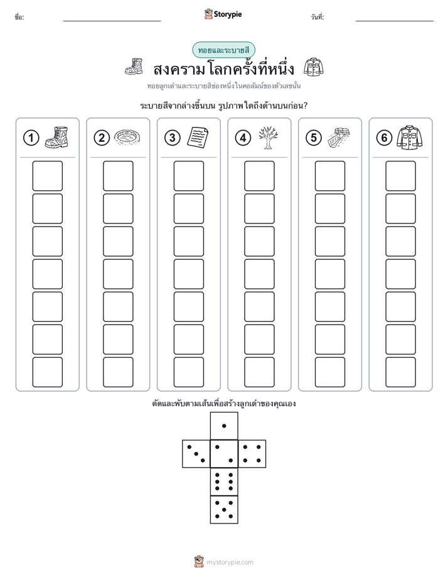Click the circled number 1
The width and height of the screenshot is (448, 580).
(31, 138)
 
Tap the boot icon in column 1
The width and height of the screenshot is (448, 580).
(56, 137)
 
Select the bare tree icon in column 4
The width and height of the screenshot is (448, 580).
(269, 137)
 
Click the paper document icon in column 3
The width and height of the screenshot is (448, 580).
(198, 137)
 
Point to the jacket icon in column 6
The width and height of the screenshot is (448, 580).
(410, 137)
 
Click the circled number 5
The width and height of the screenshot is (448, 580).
(314, 138)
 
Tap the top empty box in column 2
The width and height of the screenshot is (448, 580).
(118, 176)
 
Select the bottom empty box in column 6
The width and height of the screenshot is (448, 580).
(400, 372)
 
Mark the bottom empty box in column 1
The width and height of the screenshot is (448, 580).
(47, 372)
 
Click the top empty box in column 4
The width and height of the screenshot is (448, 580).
(259, 176)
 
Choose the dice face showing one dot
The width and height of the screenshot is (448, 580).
(224, 426)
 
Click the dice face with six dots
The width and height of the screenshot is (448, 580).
(224, 481)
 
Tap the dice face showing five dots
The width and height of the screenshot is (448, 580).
(224, 509)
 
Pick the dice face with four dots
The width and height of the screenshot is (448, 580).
(252, 454)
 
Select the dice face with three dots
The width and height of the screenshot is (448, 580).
(196, 454)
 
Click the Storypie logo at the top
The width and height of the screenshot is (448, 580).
(223, 14)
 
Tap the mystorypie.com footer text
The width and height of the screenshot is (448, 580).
(230, 562)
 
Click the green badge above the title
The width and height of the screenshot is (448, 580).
(223, 50)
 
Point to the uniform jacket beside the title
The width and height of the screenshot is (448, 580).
(314, 67)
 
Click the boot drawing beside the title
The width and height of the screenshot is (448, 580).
(134, 67)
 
